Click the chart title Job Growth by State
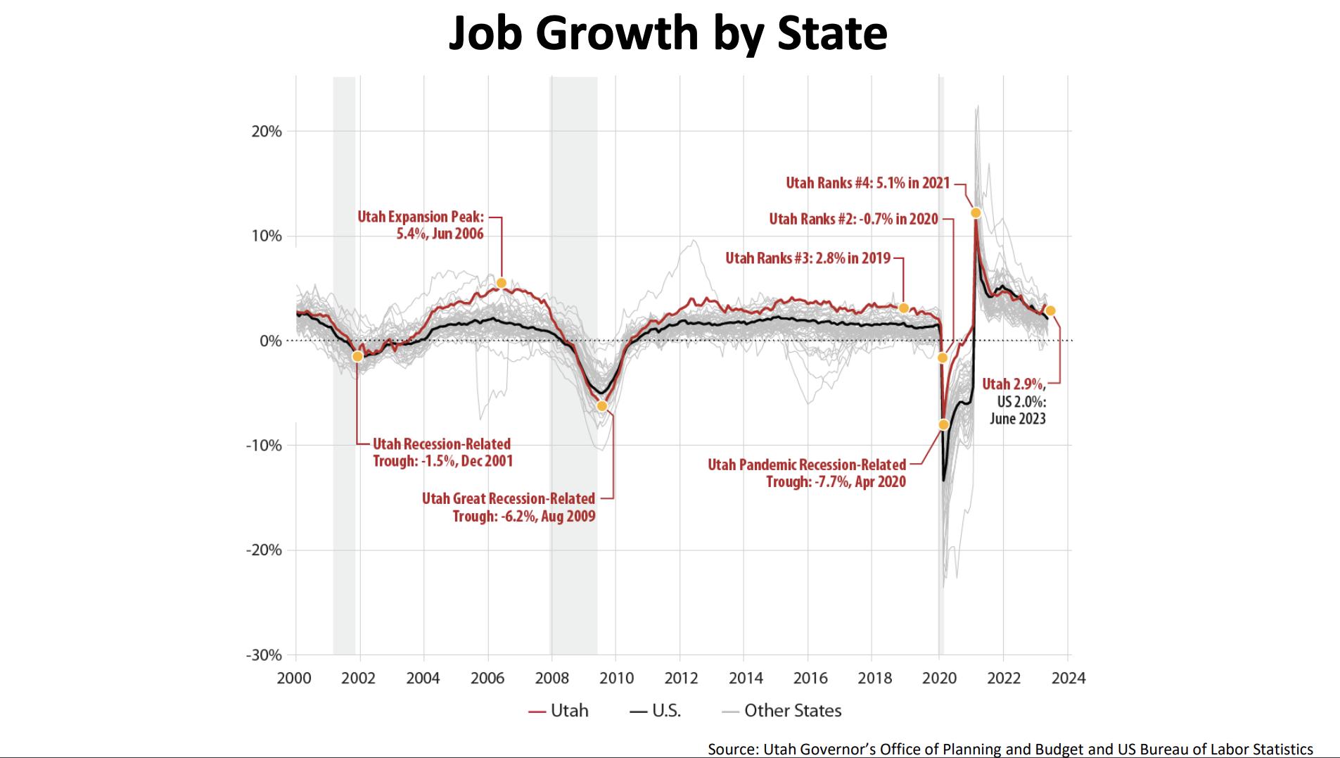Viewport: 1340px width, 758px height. click(x=668, y=33)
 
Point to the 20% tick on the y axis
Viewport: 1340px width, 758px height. click(x=267, y=132)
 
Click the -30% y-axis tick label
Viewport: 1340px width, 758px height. click(x=264, y=655)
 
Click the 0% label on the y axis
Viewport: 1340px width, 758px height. click(x=270, y=341)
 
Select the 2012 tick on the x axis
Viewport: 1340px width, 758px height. click(x=680, y=678)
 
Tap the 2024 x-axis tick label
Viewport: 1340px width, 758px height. click(x=1068, y=678)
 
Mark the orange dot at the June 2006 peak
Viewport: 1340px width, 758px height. click(x=501, y=283)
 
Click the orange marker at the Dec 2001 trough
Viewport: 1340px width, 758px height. click(x=357, y=356)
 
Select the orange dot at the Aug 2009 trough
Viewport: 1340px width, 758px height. click(x=601, y=406)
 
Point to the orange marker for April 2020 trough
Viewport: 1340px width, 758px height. click(x=944, y=424)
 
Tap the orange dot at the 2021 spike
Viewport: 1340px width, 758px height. click(x=976, y=213)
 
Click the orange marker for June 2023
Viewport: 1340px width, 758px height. click(x=1050, y=310)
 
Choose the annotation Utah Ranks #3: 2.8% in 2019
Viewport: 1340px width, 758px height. click(x=808, y=258)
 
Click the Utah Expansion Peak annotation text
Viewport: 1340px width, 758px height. click(x=421, y=225)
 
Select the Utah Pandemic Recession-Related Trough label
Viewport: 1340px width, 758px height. click(x=807, y=473)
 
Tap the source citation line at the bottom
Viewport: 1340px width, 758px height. click(x=1010, y=750)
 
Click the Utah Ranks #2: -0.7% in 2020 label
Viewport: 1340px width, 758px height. click(x=853, y=219)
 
